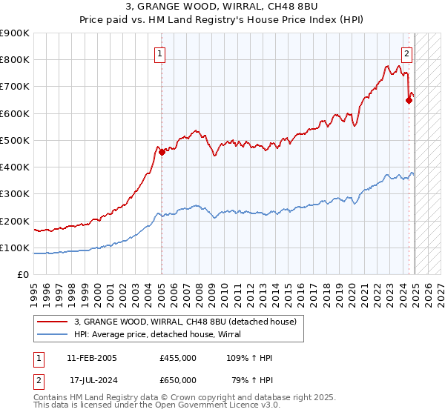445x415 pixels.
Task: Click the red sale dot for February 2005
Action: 162,152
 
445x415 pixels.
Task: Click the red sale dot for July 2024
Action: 409,101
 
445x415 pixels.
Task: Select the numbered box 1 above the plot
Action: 161,53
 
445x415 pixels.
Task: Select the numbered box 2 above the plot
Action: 407,53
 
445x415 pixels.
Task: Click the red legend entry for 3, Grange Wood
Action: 185,322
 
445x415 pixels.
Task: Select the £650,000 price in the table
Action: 178,380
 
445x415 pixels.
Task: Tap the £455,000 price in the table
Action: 178,359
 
